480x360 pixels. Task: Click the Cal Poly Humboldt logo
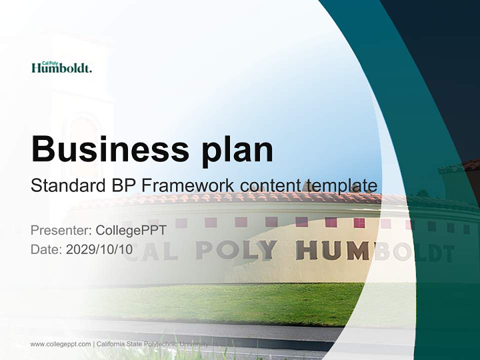(x=61, y=67)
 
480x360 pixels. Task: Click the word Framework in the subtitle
(x=188, y=185)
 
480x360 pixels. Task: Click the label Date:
(x=46, y=249)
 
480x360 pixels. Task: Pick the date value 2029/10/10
(x=99, y=249)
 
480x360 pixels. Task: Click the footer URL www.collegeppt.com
(x=60, y=344)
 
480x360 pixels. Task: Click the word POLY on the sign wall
(x=236, y=250)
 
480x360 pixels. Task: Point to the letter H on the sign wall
(x=306, y=250)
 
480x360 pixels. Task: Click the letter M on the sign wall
(x=357, y=250)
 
